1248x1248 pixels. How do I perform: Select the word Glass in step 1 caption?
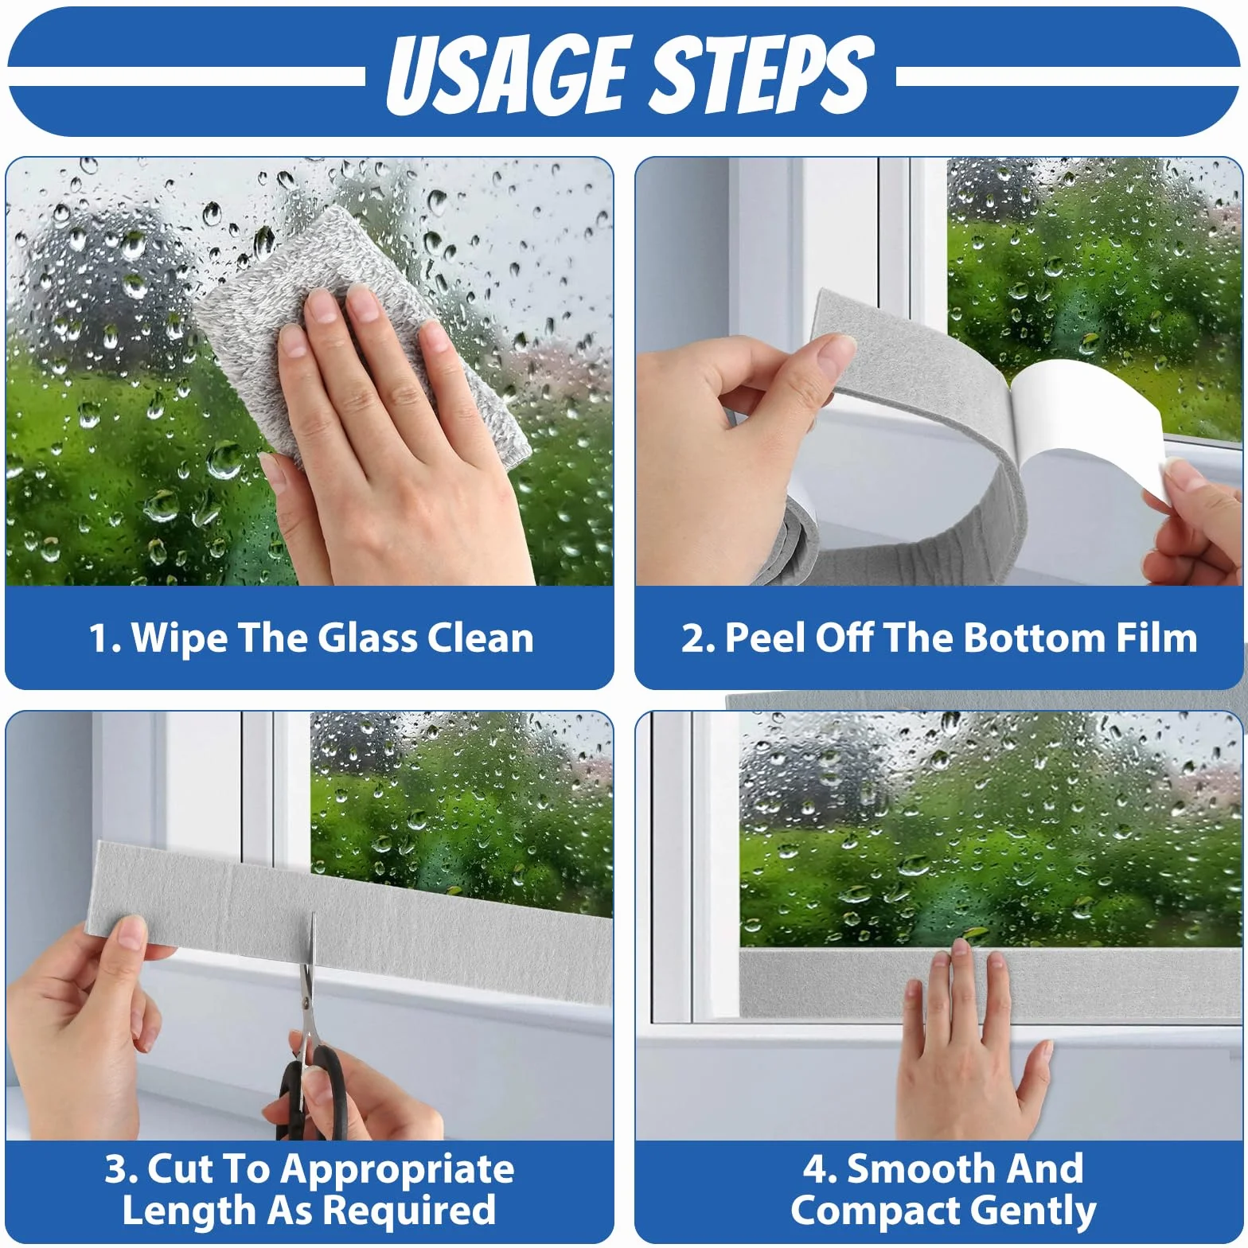tap(367, 638)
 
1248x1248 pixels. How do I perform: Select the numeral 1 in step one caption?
tap(99, 638)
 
